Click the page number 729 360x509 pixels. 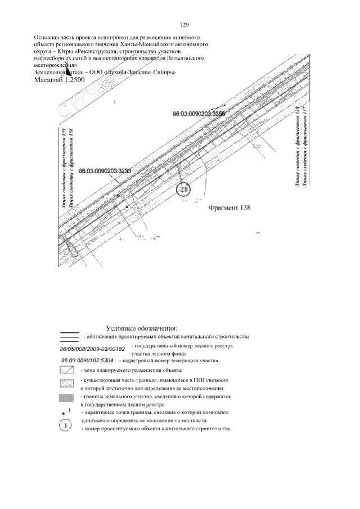[x=183, y=25]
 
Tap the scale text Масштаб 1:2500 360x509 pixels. [x=60, y=80]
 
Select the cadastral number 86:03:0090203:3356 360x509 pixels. [x=199, y=114]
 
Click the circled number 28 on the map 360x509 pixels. [x=184, y=189]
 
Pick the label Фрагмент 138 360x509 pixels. [x=229, y=207]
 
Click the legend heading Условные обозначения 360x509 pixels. [x=142, y=328]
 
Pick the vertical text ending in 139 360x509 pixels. [x=64, y=169]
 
